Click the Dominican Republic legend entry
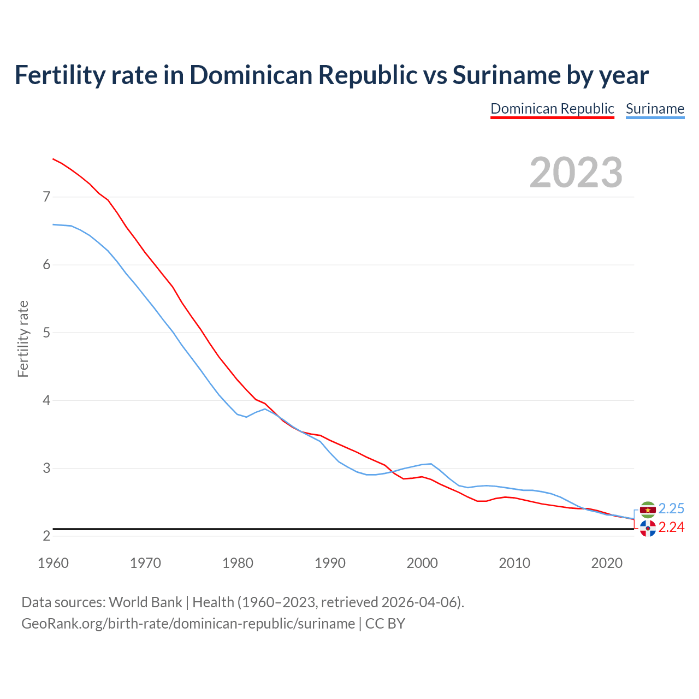click(552, 109)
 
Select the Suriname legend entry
click(655, 109)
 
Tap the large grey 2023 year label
click(576, 173)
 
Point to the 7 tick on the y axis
click(46, 197)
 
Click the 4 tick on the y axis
click(46, 400)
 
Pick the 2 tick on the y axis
click(46, 536)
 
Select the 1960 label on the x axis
click(53, 563)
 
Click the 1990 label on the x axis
click(330, 563)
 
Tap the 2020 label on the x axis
click(607, 563)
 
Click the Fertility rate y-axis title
click(23, 339)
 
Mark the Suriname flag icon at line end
click(648, 510)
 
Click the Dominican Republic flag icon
click(648, 528)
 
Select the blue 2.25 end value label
click(671, 509)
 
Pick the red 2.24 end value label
click(671, 528)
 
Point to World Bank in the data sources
click(145, 602)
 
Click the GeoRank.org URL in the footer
click(188, 624)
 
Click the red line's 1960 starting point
click(53, 159)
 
